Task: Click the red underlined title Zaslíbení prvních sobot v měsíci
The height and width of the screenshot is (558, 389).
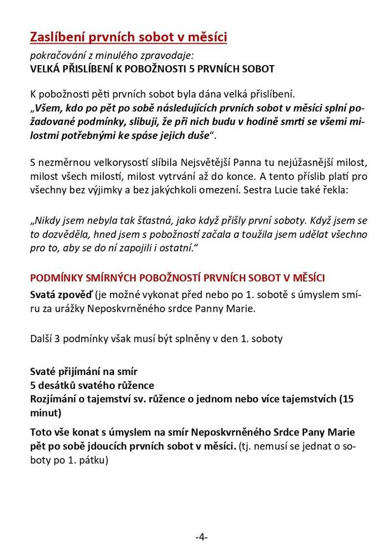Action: tap(128, 37)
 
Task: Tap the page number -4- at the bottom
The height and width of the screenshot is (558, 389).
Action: tap(201, 537)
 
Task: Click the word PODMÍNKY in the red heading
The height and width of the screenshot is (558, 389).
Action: tap(56, 277)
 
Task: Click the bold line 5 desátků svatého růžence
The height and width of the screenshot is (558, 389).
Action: tap(92, 385)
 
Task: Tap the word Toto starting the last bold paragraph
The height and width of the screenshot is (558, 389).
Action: tap(42, 432)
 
